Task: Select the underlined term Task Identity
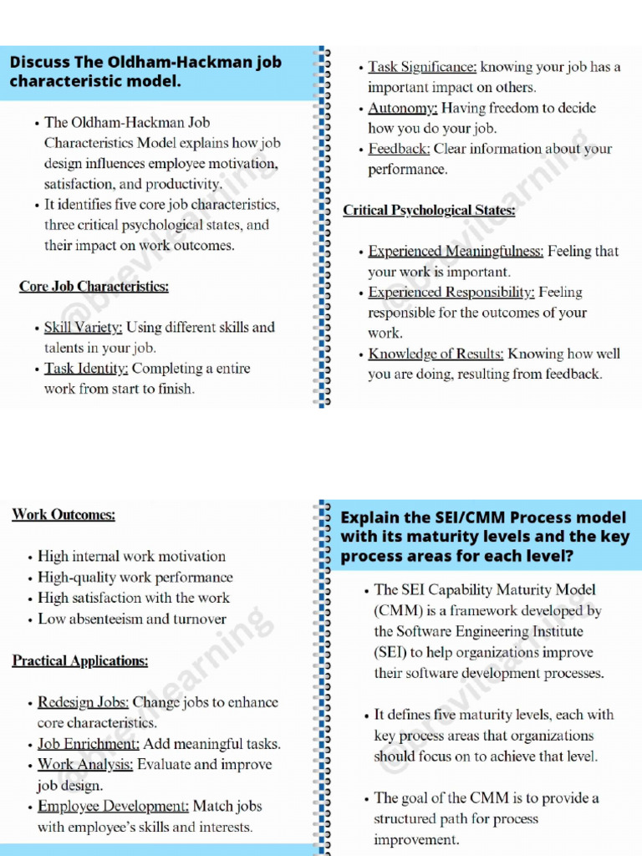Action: pyautogui.click(x=86, y=369)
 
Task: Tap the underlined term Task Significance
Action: pyautogui.click(x=422, y=67)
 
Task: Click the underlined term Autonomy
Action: pyautogui.click(x=403, y=108)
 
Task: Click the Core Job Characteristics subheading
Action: pyautogui.click(x=94, y=287)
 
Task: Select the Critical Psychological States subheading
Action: pyautogui.click(x=429, y=211)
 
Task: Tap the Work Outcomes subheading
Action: pyautogui.click(x=64, y=515)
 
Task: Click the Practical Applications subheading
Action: pyautogui.click(x=80, y=661)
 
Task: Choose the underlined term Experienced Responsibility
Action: pyautogui.click(x=451, y=293)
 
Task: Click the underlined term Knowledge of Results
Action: pyautogui.click(x=436, y=354)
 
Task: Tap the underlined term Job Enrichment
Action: pyautogui.click(x=89, y=744)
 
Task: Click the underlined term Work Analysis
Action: pyautogui.click(x=85, y=765)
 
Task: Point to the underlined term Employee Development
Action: pyautogui.click(x=114, y=807)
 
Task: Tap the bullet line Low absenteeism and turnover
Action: pyautogui.click(x=132, y=619)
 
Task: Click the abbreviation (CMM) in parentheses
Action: pyautogui.click(x=398, y=610)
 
